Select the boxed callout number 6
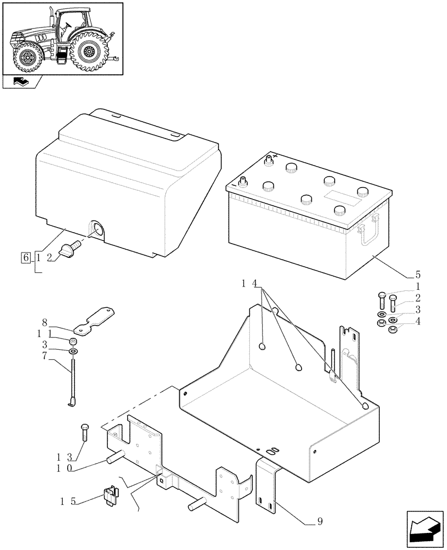coord(25,257)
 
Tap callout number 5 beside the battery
coord(417,274)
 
